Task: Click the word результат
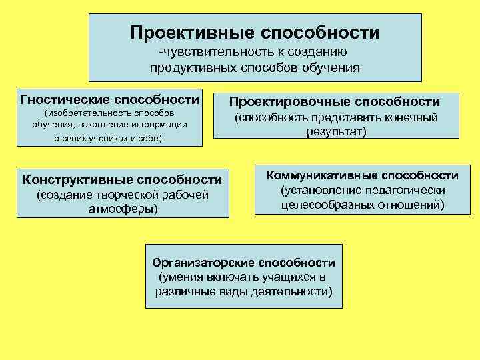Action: (336, 132)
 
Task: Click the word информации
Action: (159, 125)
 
